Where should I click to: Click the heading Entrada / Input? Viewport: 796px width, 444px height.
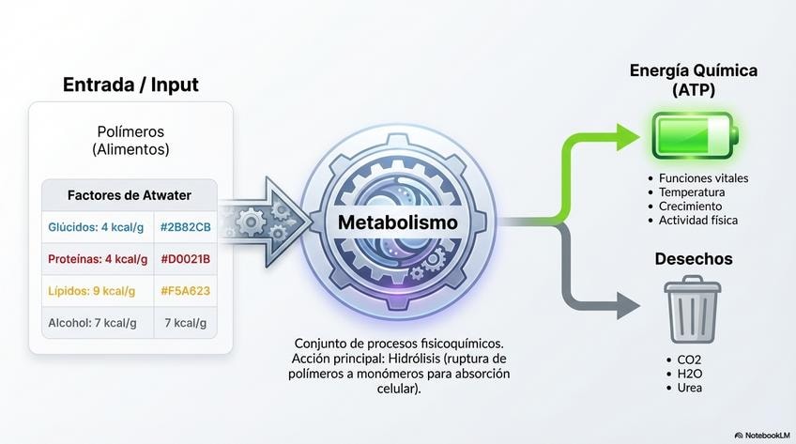pyautogui.click(x=130, y=84)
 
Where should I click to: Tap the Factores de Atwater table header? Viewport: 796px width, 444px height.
pyautogui.click(x=130, y=195)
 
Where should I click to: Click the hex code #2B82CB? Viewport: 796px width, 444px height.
pyautogui.click(x=186, y=227)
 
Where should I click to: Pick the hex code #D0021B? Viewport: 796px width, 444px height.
pyautogui.click(x=186, y=259)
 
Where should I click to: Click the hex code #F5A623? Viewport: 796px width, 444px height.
pyautogui.click(x=186, y=291)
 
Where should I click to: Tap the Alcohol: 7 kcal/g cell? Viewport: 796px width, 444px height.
pyautogui.click(x=92, y=323)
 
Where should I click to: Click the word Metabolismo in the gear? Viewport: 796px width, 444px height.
pyautogui.click(x=399, y=223)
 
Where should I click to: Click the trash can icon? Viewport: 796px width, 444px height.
pyautogui.click(x=693, y=310)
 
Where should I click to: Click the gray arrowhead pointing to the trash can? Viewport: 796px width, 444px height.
pyautogui.click(x=628, y=304)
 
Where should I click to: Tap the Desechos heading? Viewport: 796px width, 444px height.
pyautogui.click(x=694, y=258)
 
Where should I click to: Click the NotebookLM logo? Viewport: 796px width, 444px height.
pyautogui.click(x=760, y=436)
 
